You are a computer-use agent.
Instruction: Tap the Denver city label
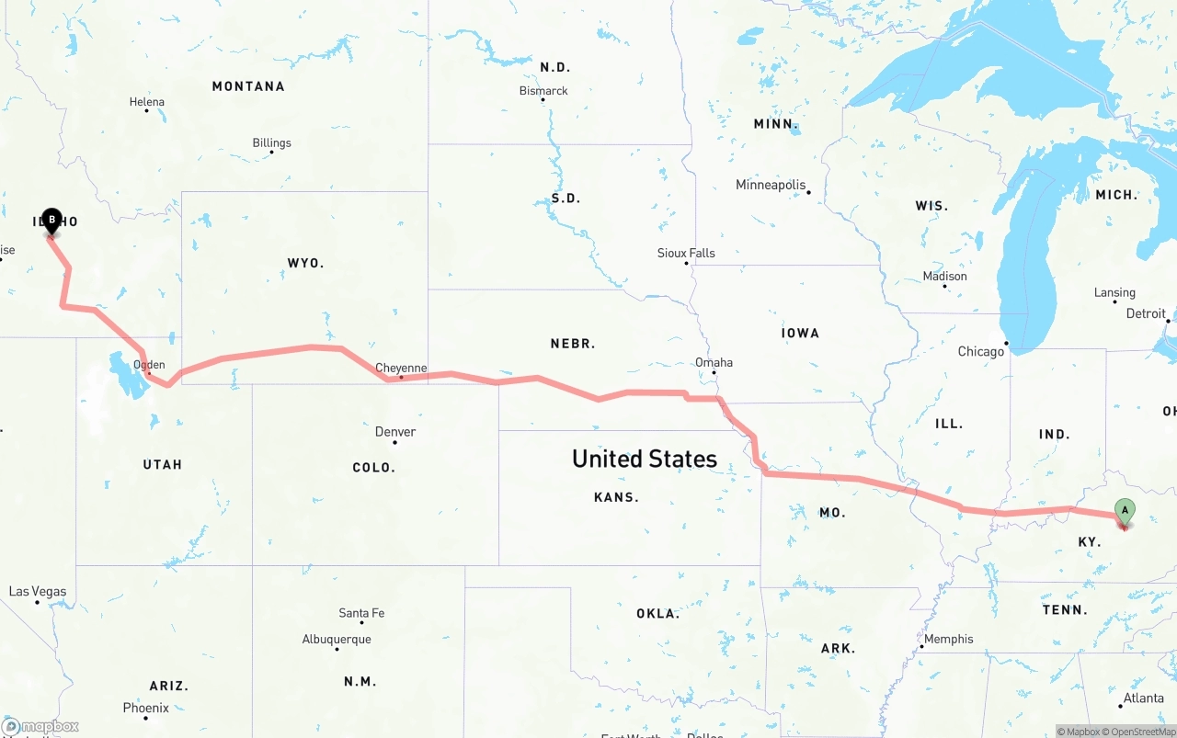click(395, 432)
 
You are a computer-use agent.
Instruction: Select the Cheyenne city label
click(401, 368)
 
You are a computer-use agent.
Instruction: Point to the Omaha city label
click(714, 362)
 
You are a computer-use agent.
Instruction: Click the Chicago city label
click(981, 351)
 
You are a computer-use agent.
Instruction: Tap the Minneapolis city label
click(771, 185)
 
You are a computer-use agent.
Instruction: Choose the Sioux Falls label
click(686, 253)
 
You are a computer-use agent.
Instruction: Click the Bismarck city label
click(543, 91)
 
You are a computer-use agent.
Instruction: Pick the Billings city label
click(271, 142)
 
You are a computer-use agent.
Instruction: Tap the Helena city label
click(147, 102)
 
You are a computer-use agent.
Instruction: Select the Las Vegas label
click(37, 591)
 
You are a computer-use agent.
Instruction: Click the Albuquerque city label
click(337, 639)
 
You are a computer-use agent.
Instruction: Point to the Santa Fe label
click(361, 613)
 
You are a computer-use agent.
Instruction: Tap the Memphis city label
click(948, 639)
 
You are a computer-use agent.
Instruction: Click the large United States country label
click(644, 459)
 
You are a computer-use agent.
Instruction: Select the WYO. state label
click(305, 263)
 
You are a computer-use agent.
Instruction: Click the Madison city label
click(945, 276)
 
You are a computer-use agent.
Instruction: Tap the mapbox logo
click(40, 726)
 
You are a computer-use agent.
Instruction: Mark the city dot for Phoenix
click(145, 718)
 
